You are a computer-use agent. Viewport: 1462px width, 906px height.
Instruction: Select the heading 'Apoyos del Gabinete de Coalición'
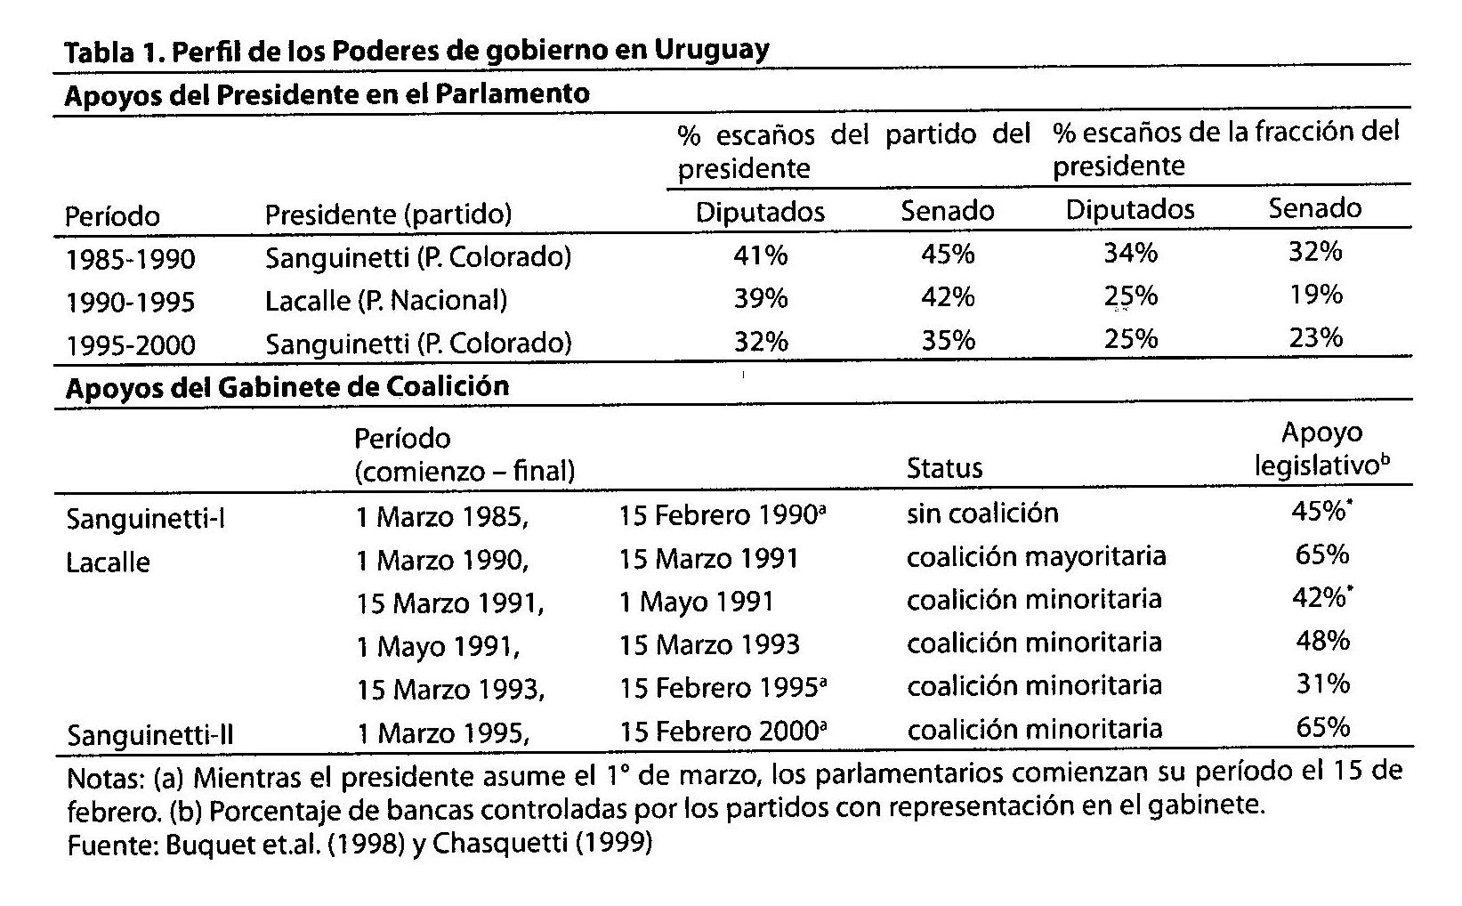pos(287,387)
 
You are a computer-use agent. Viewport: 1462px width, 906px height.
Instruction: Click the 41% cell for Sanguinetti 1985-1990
pos(760,256)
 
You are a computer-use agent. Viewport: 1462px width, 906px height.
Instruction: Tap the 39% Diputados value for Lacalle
pos(760,299)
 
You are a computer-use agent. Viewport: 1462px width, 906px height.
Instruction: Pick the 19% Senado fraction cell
pos(1315,295)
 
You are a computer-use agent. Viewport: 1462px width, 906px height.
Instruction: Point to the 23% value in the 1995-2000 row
pos(1315,338)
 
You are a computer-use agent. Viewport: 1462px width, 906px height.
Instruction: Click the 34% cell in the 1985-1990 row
pos(1130,254)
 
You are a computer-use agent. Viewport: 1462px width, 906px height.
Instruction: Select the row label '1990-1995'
pos(130,303)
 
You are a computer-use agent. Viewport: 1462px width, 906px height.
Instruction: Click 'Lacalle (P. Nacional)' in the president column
pos(386,301)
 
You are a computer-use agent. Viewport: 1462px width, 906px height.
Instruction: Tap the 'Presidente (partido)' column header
pos(388,214)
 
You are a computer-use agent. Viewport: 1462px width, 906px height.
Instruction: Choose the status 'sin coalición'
pos(982,514)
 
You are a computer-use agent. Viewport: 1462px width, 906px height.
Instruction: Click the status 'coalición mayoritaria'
pos(1036,557)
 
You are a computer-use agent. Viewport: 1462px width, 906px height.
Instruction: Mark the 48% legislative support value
pos(1322,641)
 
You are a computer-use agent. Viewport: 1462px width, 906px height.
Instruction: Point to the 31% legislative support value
pos(1322,684)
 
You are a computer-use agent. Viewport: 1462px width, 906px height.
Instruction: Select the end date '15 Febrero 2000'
pos(718,732)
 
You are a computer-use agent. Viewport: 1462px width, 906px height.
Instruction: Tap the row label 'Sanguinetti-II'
pos(150,736)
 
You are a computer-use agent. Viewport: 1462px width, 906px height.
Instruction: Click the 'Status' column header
pos(944,469)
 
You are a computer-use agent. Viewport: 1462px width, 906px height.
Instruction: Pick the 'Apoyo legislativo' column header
pos(1321,449)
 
